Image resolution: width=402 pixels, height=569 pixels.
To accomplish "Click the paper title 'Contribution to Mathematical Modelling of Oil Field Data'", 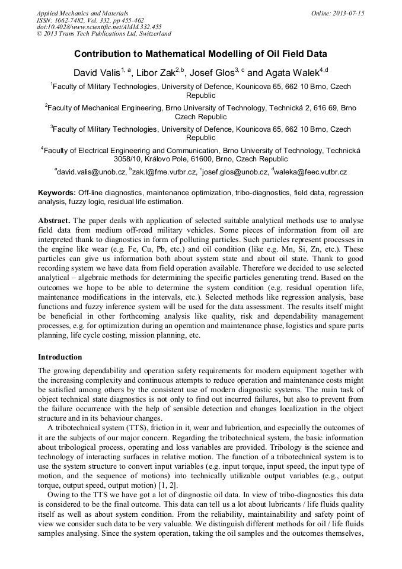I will click(200, 53).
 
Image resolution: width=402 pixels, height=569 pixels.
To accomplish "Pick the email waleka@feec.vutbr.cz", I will click(311, 172).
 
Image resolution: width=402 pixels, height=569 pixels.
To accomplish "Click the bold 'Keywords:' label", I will click(57, 193).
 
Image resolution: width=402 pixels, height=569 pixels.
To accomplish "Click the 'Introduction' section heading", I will click(60, 357).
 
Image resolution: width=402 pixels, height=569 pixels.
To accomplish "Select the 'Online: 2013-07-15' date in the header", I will click(337, 13).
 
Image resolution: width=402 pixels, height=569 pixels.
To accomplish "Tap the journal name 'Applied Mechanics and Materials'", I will click(82, 13).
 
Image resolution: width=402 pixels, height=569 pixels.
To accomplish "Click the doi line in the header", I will click(98, 27).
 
